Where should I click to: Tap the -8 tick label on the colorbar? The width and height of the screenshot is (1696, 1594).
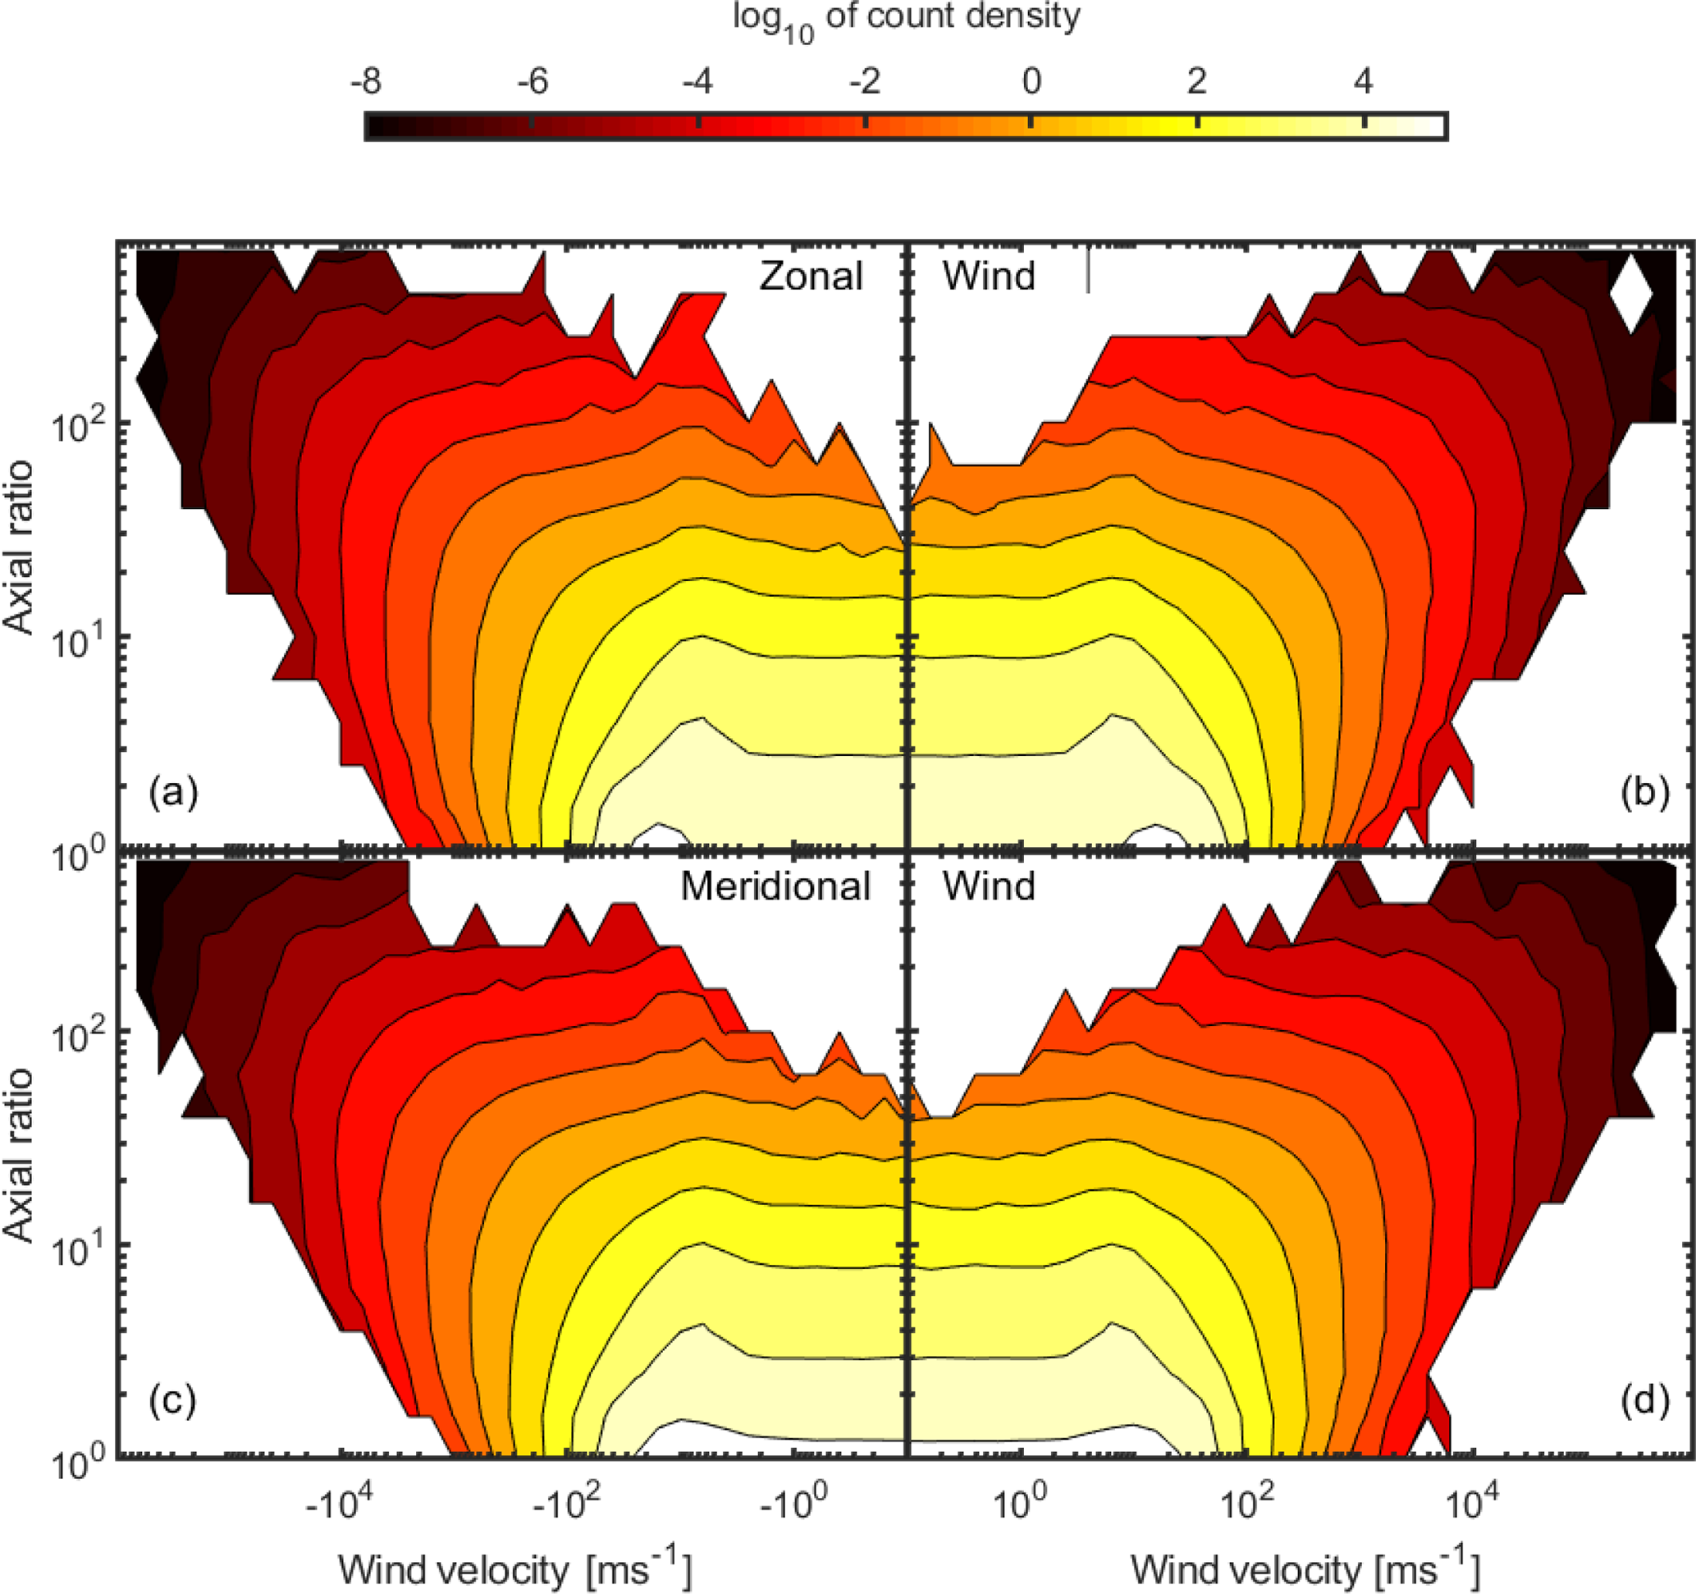(x=366, y=82)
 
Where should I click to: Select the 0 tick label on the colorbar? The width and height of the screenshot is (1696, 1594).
(x=1031, y=82)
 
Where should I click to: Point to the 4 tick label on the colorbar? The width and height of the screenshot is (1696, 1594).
(x=1364, y=82)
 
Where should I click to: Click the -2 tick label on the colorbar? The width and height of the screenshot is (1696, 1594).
(x=864, y=82)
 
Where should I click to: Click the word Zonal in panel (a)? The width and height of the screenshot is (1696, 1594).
(x=811, y=277)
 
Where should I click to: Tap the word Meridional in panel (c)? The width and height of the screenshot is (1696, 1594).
(x=775, y=886)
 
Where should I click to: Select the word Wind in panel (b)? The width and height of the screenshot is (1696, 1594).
(x=989, y=277)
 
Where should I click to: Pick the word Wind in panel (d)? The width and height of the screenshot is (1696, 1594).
(x=989, y=886)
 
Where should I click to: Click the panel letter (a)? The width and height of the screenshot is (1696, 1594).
(x=173, y=792)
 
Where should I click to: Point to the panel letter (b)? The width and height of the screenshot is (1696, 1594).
(x=1644, y=792)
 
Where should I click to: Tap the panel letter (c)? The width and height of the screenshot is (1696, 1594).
(x=173, y=1400)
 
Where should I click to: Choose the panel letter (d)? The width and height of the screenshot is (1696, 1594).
(x=1644, y=1400)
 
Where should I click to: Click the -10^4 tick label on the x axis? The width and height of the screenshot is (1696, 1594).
(x=339, y=1503)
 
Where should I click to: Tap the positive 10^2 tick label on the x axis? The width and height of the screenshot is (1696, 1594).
(x=1247, y=1503)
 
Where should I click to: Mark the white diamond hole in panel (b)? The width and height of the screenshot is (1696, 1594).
(x=1630, y=294)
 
